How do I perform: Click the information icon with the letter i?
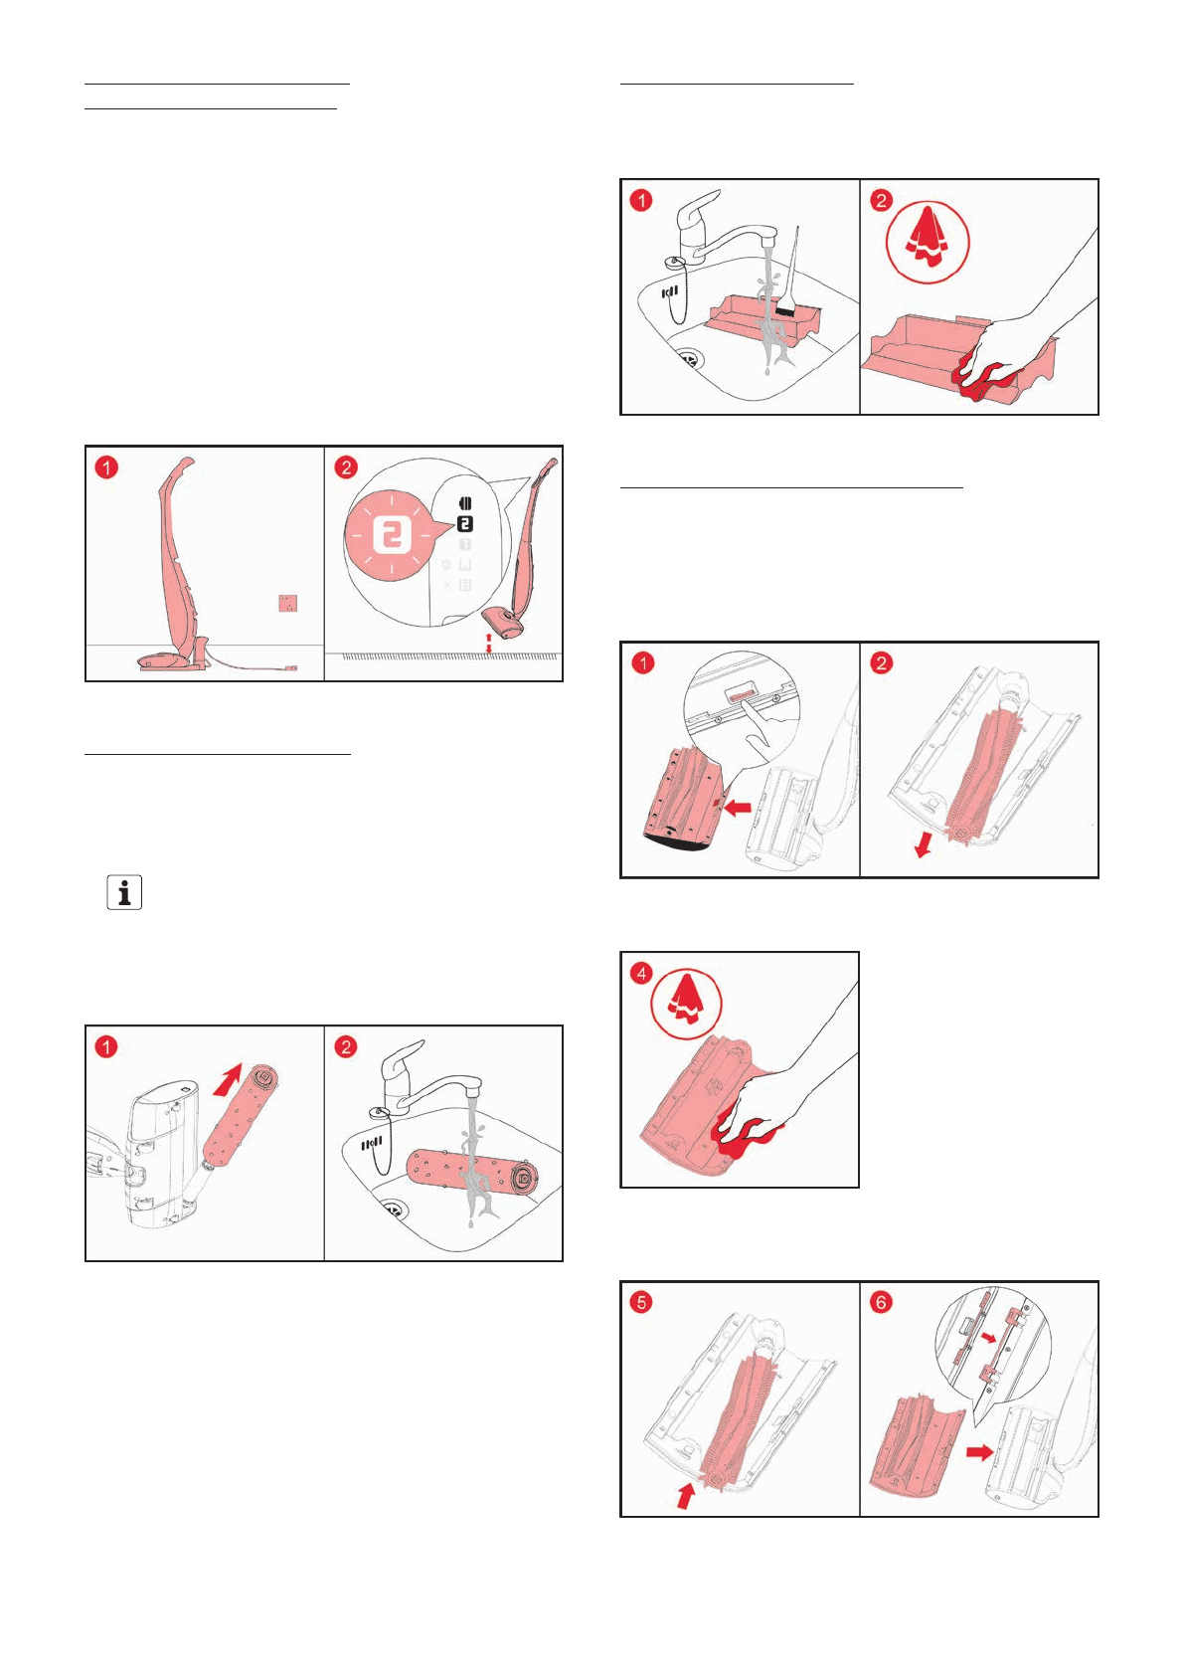click(124, 892)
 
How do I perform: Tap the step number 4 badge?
click(642, 973)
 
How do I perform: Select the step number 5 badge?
click(642, 1302)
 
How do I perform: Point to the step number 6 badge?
click(881, 1302)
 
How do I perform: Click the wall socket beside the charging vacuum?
click(287, 604)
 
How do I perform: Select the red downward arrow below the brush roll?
click(924, 845)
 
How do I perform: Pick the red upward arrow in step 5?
click(685, 1495)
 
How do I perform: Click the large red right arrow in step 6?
click(979, 1452)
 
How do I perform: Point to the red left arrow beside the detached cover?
click(737, 808)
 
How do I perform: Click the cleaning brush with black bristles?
click(786, 309)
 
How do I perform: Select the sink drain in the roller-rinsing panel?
click(394, 1210)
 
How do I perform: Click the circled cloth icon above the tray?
click(928, 242)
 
